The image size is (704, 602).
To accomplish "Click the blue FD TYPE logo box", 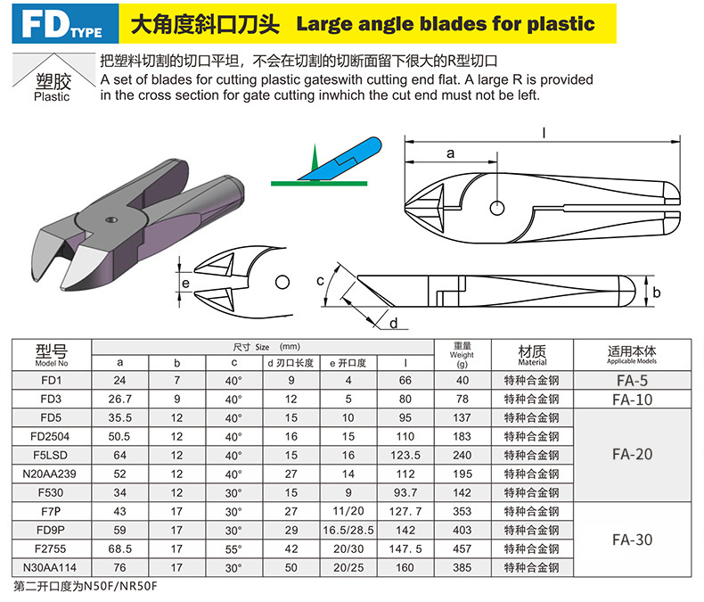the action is tap(65, 24).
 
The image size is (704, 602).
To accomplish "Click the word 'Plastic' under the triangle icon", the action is tap(52, 96).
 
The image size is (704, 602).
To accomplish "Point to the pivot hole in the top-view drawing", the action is tap(497, 208).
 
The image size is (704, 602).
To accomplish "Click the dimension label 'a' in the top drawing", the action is tap(450, 153).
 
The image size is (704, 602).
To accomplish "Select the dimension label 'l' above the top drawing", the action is tap(544, 133).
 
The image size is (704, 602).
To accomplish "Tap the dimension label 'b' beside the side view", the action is tap(657, 293).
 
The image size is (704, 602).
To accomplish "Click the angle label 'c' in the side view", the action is tap(320, 281).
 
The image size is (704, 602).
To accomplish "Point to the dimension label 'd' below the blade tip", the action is tap(393, 323).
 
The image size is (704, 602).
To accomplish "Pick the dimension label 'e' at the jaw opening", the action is tap(186, 284).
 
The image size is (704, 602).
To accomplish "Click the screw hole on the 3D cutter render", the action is tap(111, 219).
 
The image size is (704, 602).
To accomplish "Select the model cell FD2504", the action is tap(52, 436).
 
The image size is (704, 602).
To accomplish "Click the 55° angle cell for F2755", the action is tap(233, 549).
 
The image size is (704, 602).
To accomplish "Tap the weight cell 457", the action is tap(463, 549).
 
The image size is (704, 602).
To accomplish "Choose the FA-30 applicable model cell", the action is tap(632, 540).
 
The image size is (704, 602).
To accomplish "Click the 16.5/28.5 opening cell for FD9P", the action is tap(348, 530).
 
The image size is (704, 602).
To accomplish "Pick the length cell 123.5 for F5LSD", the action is tap(405, 455).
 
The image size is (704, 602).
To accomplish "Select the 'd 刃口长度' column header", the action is tap(291, 363).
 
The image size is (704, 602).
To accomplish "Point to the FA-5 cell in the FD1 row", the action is tap(632, 381).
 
